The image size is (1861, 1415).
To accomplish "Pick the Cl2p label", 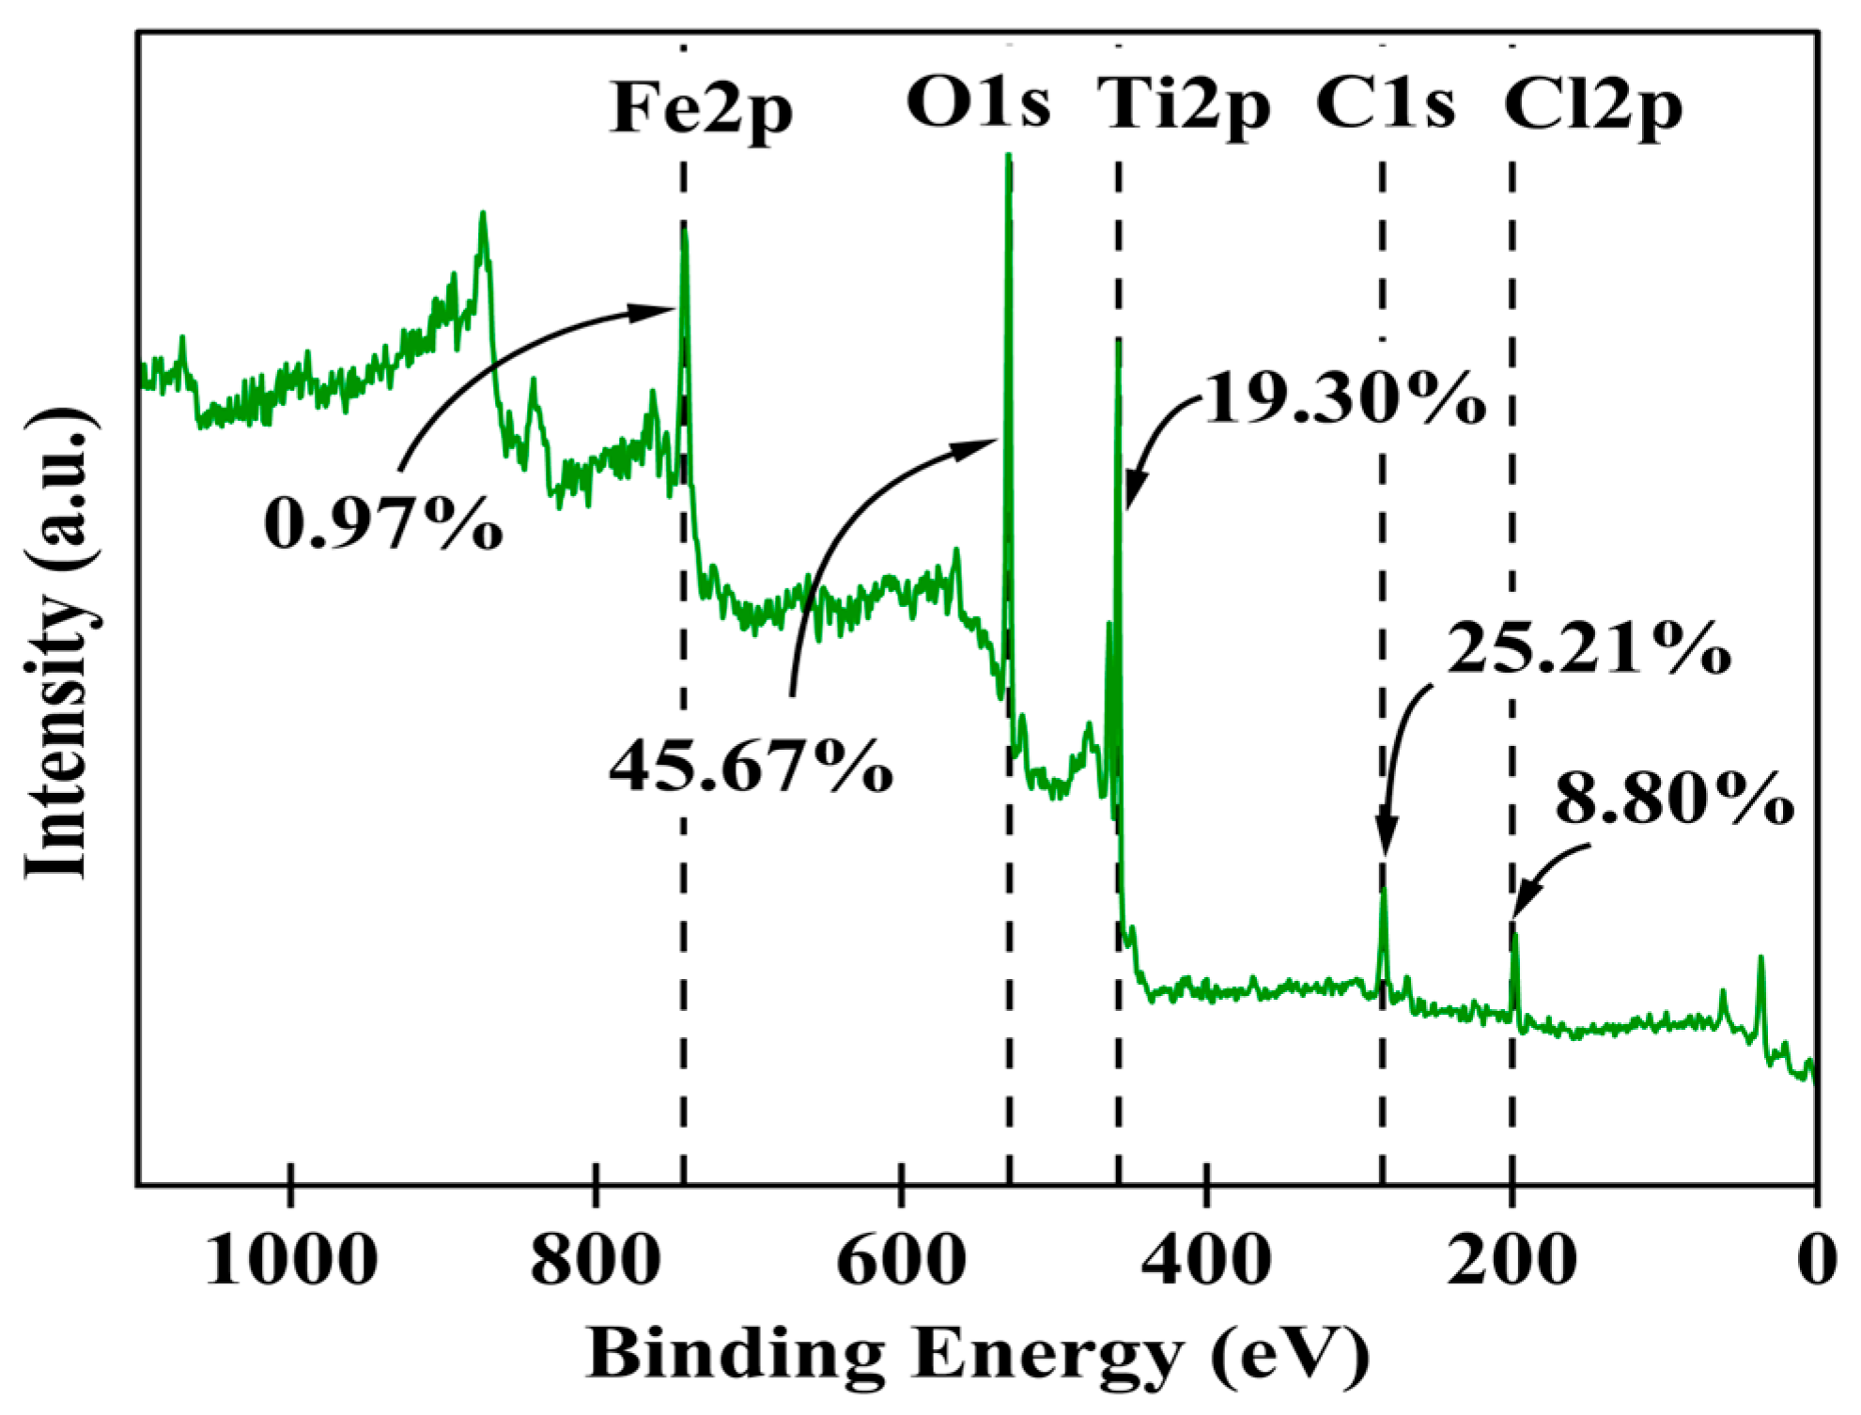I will tap(1592, 107).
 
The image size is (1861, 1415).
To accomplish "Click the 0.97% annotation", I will tap(382, 524).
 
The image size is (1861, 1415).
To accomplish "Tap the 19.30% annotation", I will tap(1343, 399).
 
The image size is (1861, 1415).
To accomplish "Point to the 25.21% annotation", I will tap(1588, 648).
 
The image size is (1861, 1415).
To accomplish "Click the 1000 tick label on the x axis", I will tap(291, 1261).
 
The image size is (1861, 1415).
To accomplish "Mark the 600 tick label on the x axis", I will tap(900, 1261).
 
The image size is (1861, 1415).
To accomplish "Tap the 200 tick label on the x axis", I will tap(1511, 1261).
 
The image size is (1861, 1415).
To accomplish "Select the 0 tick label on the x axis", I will tap(1816, 1261).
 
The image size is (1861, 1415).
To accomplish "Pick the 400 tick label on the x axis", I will tap(1206, 1261).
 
